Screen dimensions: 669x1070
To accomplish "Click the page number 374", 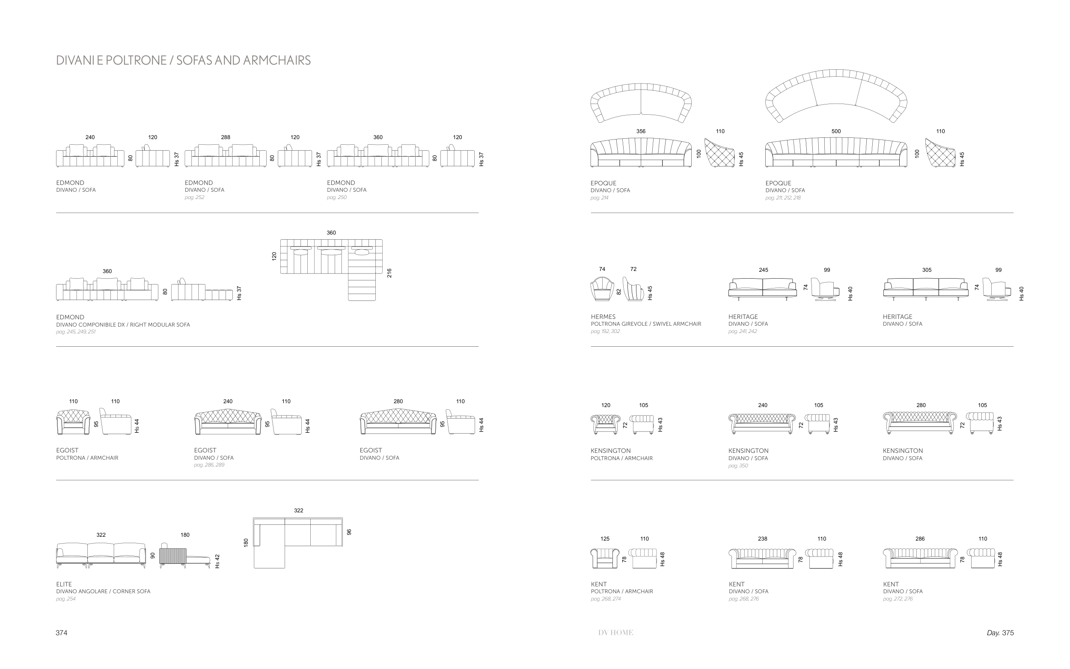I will click(62, 633).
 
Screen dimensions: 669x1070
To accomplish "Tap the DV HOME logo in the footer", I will click(615, 633).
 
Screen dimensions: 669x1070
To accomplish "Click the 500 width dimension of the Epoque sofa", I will click(835, 131).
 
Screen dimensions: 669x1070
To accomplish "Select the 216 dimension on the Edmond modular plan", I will click(389, 273).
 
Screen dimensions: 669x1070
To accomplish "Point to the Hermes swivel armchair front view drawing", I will click(602, 289).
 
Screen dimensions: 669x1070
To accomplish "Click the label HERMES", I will click(603, 317).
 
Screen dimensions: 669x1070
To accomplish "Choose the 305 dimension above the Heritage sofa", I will click(926, 270).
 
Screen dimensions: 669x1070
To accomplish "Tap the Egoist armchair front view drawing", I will click(73, 422).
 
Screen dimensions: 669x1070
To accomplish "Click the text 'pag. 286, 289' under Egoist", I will click(209, 465).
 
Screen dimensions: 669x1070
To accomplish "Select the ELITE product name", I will click(64, 584).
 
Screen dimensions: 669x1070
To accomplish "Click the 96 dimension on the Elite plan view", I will click(349, 532).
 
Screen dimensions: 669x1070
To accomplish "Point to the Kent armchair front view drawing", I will click(604, 559).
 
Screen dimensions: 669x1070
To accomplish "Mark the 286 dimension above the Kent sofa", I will click(920, 539).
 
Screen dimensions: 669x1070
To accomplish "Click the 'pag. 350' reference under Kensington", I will click(738, 465).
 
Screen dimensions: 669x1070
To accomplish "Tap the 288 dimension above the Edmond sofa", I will click(225, 137).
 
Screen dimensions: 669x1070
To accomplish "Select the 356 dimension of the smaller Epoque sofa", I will click(640, 131).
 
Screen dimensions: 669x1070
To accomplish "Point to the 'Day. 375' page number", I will click(1000, 633).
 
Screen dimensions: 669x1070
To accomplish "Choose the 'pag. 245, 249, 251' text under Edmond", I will click(76, 332).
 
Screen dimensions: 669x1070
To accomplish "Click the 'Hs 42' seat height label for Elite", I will click(217, 561).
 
